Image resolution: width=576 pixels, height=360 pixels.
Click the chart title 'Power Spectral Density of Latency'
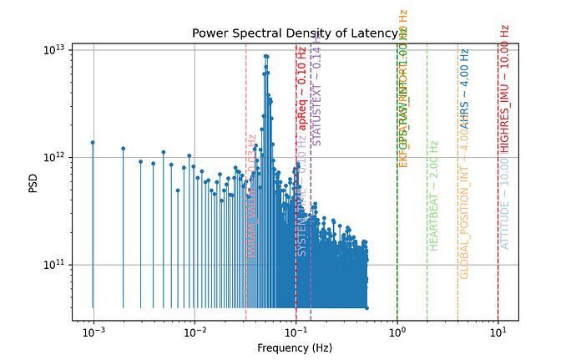pos(296,34)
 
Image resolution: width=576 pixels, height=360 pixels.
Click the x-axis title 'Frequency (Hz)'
pos(296,347)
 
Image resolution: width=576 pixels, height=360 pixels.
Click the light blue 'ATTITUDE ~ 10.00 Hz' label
pos(504,200)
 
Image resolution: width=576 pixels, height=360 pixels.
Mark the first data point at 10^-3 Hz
pos(93,143)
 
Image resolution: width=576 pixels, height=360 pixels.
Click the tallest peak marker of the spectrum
pos(265,56)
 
